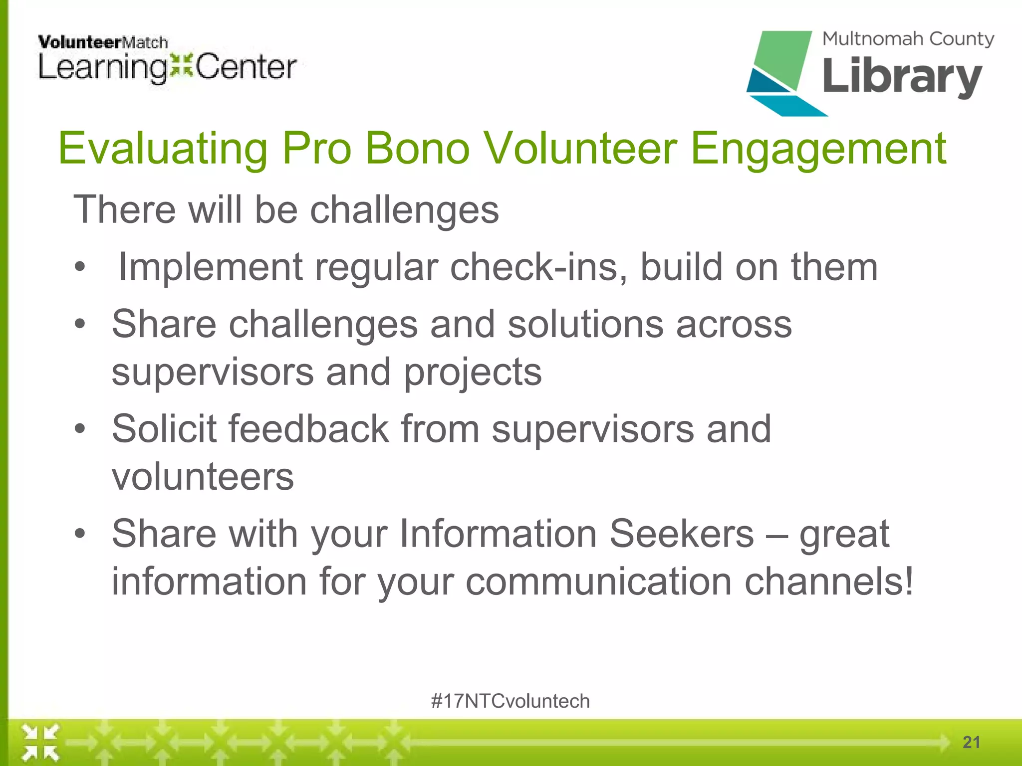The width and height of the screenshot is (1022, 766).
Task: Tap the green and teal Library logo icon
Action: coord(781,72)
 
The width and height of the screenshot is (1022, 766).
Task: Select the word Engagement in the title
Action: coord(818,148)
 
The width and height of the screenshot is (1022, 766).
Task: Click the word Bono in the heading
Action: coord(418,148)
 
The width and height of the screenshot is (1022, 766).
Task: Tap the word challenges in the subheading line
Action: coord(404,209)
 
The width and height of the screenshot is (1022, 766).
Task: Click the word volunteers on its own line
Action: coord(203,477)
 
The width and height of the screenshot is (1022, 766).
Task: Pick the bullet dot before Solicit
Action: coord(80,428)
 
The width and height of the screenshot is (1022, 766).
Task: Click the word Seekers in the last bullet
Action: coord(682,534)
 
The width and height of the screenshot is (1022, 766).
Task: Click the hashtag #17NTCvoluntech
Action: coord(510,701)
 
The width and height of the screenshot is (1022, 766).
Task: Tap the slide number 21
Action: coord(971,742)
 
